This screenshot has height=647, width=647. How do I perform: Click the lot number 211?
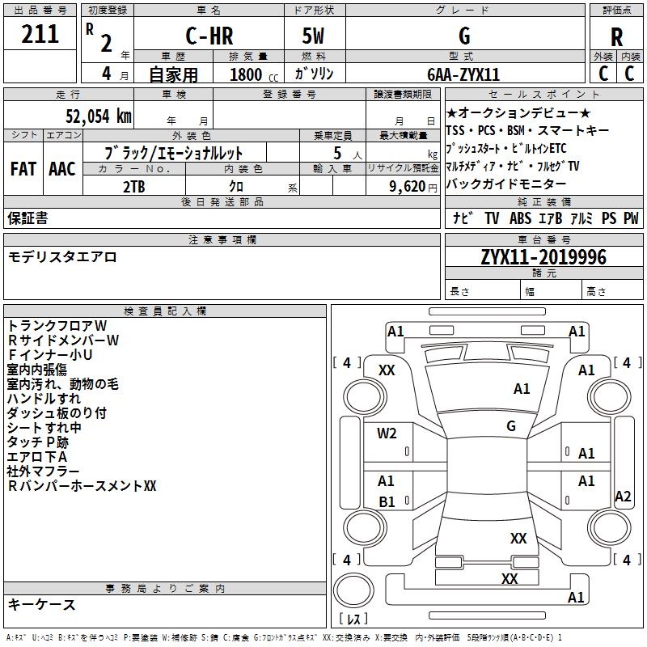pyautogui.click(x=40, y=34)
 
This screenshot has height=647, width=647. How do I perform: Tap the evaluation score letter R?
pyautogui.click(x=616, y=37)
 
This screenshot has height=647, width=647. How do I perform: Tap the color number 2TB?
pyautogui.click(x=134, y=185)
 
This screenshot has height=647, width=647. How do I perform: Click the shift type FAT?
pyautogui.click(x=23, y=169)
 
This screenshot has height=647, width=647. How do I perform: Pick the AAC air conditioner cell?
pyautogui.click(x=62, y=169)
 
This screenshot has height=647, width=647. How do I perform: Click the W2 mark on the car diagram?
pyautogui.click(x=387, y=433)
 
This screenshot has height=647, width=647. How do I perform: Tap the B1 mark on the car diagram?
pyautogui.click(x=387, y=502)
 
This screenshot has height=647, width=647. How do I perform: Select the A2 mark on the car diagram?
pyautogui.click(x=622, y=497)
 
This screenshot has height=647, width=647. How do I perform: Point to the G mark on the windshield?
pyautogui.click(x=511, y=425)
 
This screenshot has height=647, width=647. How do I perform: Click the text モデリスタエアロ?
pyautogui.click(x=62, y=257)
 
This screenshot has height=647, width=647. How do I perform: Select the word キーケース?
pyautogui.click(x=41, y=604)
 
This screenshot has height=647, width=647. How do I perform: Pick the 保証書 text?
pyautogui.click(x=27, y=218)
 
